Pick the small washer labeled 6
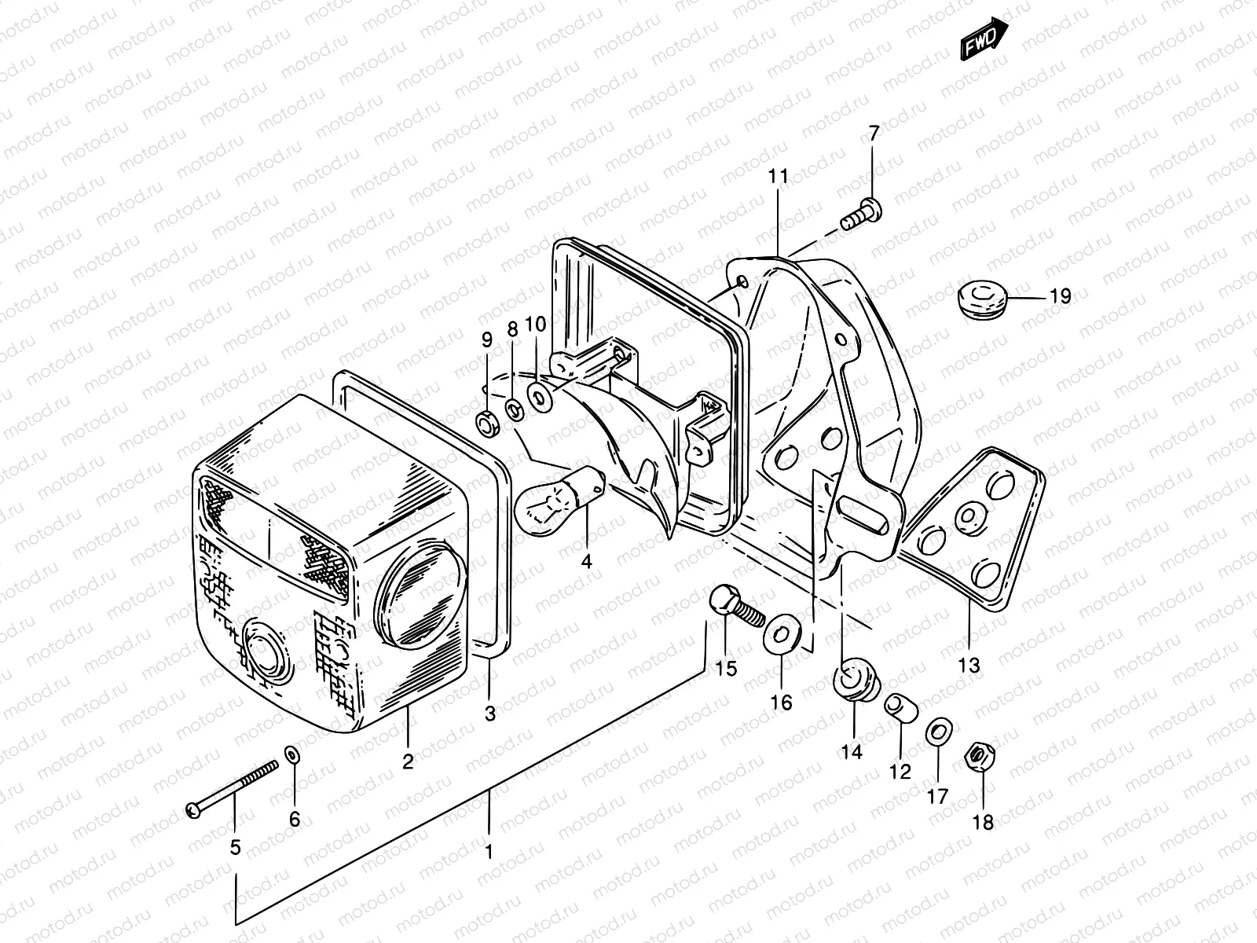coord(293,754)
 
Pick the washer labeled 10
coord(541,396)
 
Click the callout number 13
coord(969,665)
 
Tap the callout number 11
coord(778,176)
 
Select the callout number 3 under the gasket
coord(489,714)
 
